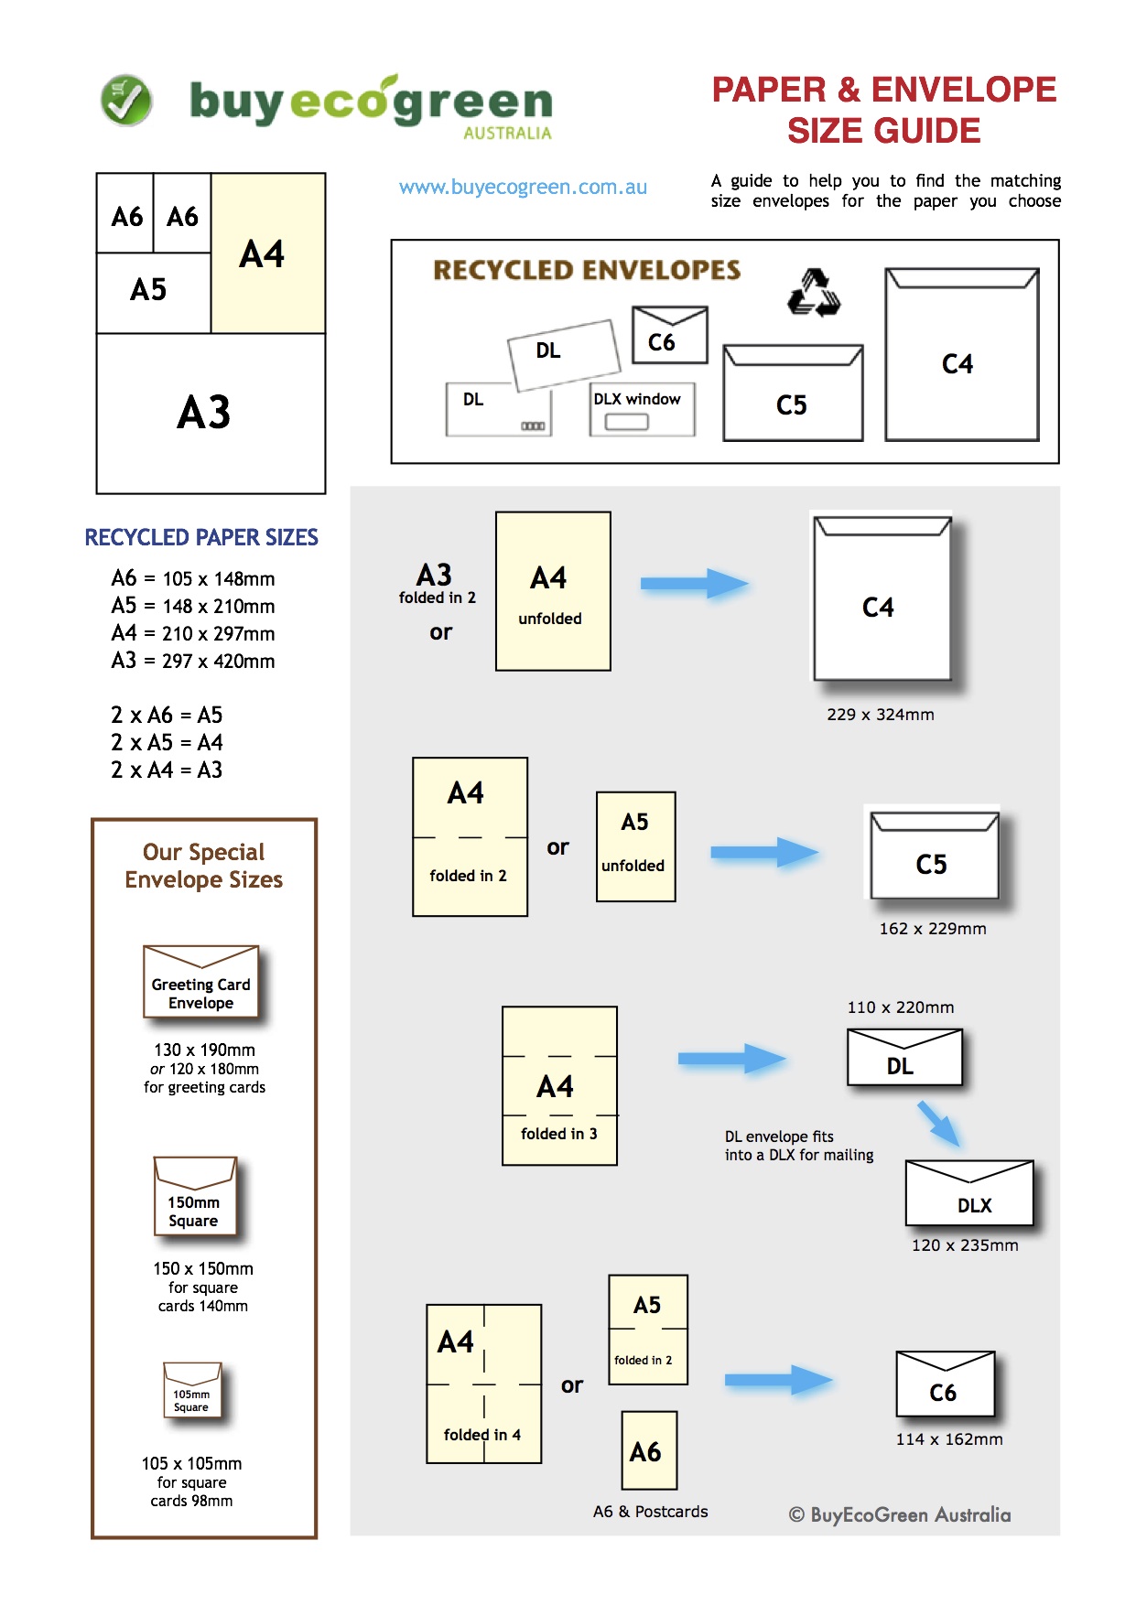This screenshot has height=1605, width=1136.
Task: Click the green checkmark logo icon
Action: pyautogui.click(x=126, y=101)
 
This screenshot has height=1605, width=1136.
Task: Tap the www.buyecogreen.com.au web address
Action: pyautogui.click(x=523, y=188)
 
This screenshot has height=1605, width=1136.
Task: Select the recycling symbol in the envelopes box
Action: pyautogui.click(x=814, y=293)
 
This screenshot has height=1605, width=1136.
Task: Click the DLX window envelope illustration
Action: pyautogui.click(x=642, y=409)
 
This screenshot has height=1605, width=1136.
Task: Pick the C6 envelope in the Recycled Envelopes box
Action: pyautogui.click(x=669, y=336)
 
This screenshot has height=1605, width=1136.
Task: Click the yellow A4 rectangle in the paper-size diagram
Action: pyautogui.click(x=268, y=253)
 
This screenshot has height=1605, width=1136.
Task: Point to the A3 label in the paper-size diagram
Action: pyautogui.click(x=204, y=413)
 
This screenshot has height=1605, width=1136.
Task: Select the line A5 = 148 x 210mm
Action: pyautogui.click(x=193, y=606)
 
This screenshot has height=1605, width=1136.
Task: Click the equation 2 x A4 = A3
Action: pyautogui.click(x=167, y=770)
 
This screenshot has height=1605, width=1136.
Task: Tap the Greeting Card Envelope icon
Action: pyautogui.click(x=201, y=982)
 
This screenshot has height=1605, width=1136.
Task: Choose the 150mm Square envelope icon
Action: pyautogui.click(x=195, y=1196)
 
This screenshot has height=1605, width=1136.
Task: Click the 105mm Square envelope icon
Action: pyautogui.click(x=192, y=1390)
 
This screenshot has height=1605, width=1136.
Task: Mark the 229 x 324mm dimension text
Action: pyautogui.click(x=880, y=715)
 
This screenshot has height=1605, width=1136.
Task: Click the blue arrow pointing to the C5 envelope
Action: pyautogui.click(x=763, y=852)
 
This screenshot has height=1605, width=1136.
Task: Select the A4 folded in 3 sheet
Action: pyautogui.click(x=559, y=1085)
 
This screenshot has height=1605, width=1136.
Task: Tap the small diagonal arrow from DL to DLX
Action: pyautogui.click(x=938, y=1123)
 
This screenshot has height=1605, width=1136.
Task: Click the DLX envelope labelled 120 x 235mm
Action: pyautogui.click(x=969, y=1193)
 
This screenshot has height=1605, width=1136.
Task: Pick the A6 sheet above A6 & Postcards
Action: pyautogui.click(x=649, y=1450)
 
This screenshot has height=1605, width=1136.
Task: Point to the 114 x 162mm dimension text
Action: pyautogui.click(x=949, y=1439)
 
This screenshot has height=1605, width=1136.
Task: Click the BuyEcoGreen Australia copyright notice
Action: pyautogui.click(x=900, y=1515)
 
